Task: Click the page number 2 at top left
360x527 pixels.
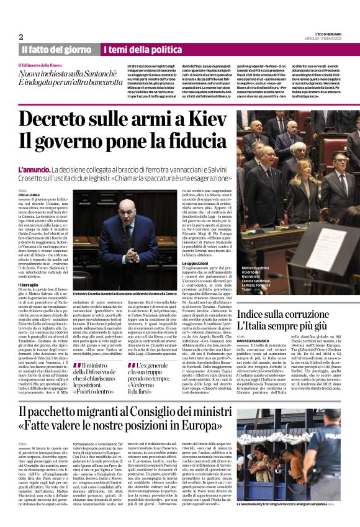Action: (21, 37)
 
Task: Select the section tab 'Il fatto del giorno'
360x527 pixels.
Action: (56, 49)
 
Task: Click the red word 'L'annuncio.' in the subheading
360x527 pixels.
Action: (34, 169)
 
